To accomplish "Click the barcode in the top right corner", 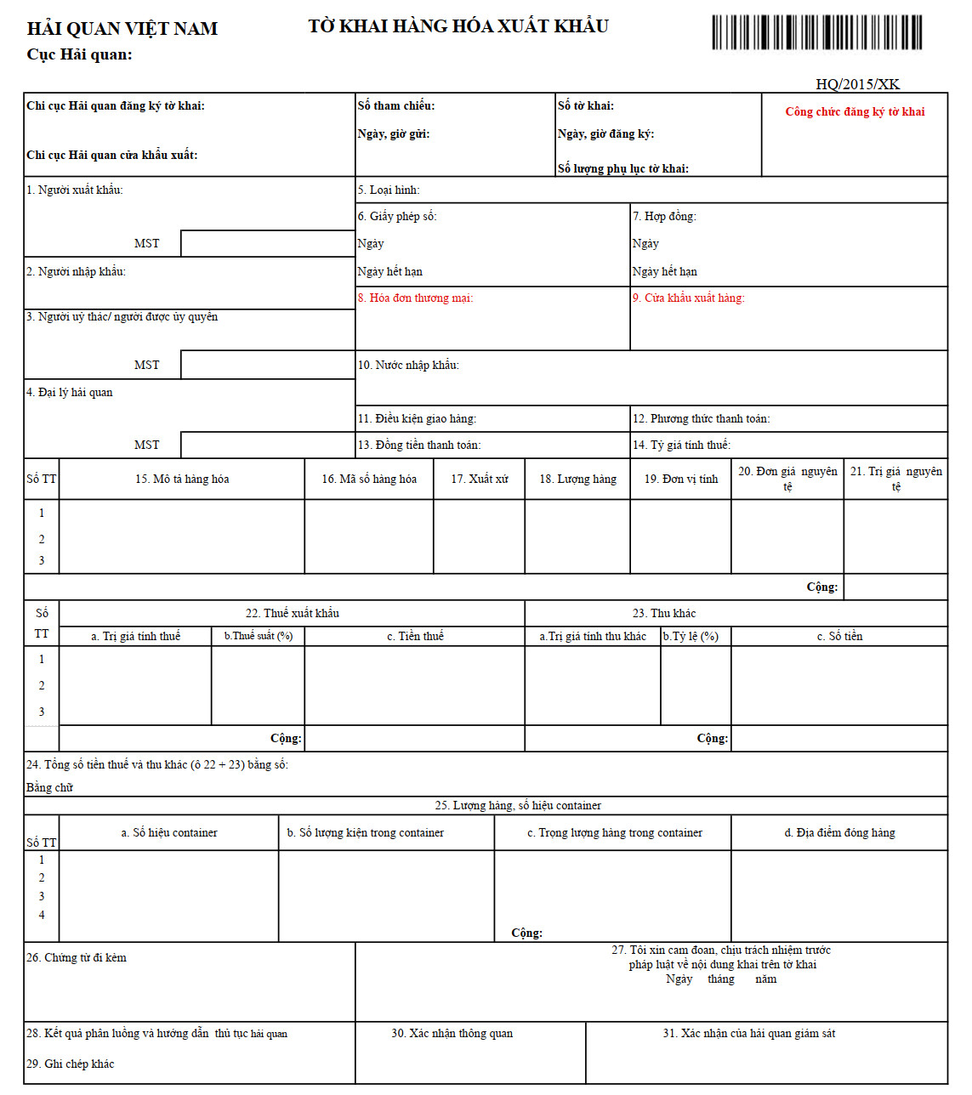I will pyautogui.click(x=816, y=32).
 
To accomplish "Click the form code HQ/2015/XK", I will pyautogui.click(x=857, y=84).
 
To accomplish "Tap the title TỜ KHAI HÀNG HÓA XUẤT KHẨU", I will pyautogui.click(x=458, y=26).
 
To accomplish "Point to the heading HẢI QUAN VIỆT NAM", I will pyautogui.click(x=122, y=29).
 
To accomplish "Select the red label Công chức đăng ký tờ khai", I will pyautogui.click(x=855, y=111).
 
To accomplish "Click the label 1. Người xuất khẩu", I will pyautogui.click(x=75, y=190).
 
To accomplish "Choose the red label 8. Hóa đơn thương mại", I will pyautogui.click(x=415, y=298).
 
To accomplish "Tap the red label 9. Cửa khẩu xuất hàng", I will pyautogui.click(x=688, y=298).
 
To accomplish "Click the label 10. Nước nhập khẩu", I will pyautogui.click(x=408, y=365).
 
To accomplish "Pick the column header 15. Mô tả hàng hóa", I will pyautogui.click(x=182, y=479).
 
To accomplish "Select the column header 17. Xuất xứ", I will pyautogui.click(x=480, y=479).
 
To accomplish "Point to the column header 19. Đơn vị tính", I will pyautogui.click(x=680, y=479).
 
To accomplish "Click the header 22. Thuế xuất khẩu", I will pyautogui.click(x=292, y=613).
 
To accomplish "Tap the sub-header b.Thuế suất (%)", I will pyautogui.click(x=258, y=636).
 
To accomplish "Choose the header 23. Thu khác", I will pyautogui.click(x=663, y=613).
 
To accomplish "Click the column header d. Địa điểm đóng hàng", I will pyautogui.click(x=839, y=832).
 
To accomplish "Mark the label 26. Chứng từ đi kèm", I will pyautogui.click(x=77, y=957).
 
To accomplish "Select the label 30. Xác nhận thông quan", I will pyautogui.click(x=452, y=1033).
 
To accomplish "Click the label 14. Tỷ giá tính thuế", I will pyautogui.click(x=681, y=445).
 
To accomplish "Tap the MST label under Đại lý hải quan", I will pyautogui.click(x=146, y=445).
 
